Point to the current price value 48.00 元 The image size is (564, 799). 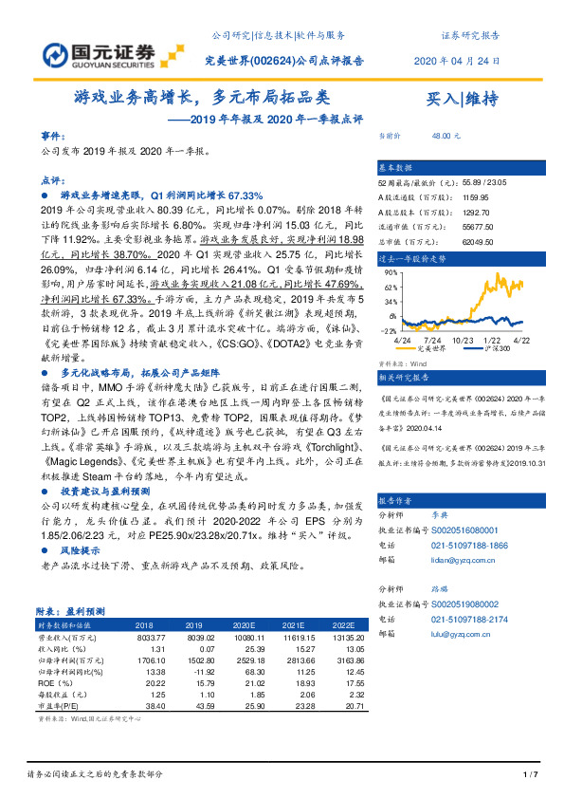point(446,137)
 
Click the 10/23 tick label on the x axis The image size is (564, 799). point(464,340)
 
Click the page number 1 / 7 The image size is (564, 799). point(531,775)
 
